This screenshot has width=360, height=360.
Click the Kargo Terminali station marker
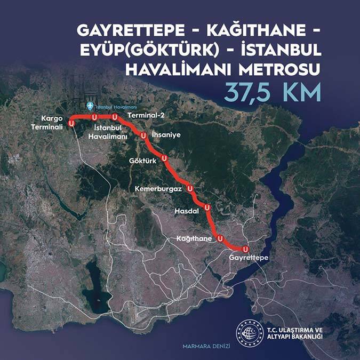pos(71,123)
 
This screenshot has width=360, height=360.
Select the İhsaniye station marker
pos(143,136)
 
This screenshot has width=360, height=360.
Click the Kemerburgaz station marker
pos(190,189)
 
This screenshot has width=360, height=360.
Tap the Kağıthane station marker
pos(220,238)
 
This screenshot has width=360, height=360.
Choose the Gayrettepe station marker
pos(245,249)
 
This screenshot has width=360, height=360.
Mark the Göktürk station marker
pos(165,158)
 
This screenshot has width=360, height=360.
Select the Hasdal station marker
pos(207,207)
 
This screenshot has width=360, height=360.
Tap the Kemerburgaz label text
pos(158,189)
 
